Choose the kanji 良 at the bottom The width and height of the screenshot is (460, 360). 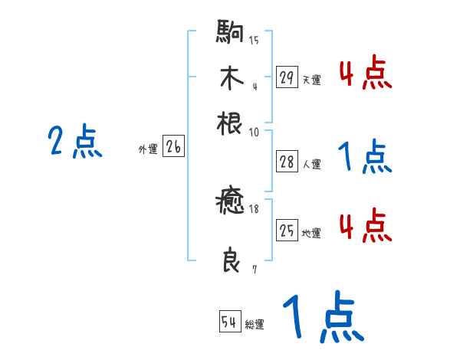click(230, 260)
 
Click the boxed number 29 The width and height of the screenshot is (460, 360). click(287, 77)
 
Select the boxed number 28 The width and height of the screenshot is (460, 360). click(287, 162)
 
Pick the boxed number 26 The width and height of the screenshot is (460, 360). click(173, 148)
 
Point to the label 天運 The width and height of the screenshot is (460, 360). click(312, 80)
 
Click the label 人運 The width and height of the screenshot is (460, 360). click(312, 164)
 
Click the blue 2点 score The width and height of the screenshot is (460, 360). click(74, 142)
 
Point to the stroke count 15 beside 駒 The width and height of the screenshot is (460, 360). click(253, 41)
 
